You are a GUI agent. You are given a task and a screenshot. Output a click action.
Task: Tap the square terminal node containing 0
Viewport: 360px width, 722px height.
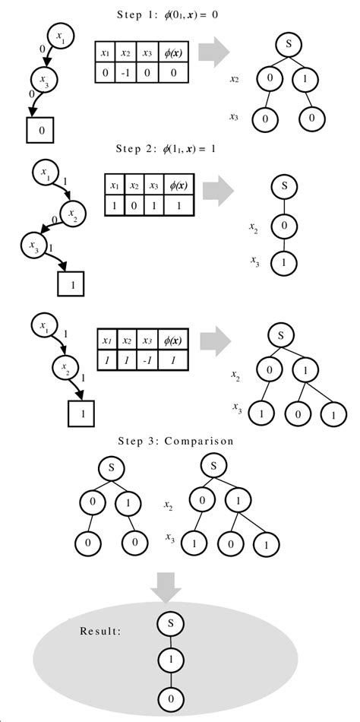click(42, 131)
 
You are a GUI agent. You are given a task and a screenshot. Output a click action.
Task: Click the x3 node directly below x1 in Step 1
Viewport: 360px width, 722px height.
click(45, 78)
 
